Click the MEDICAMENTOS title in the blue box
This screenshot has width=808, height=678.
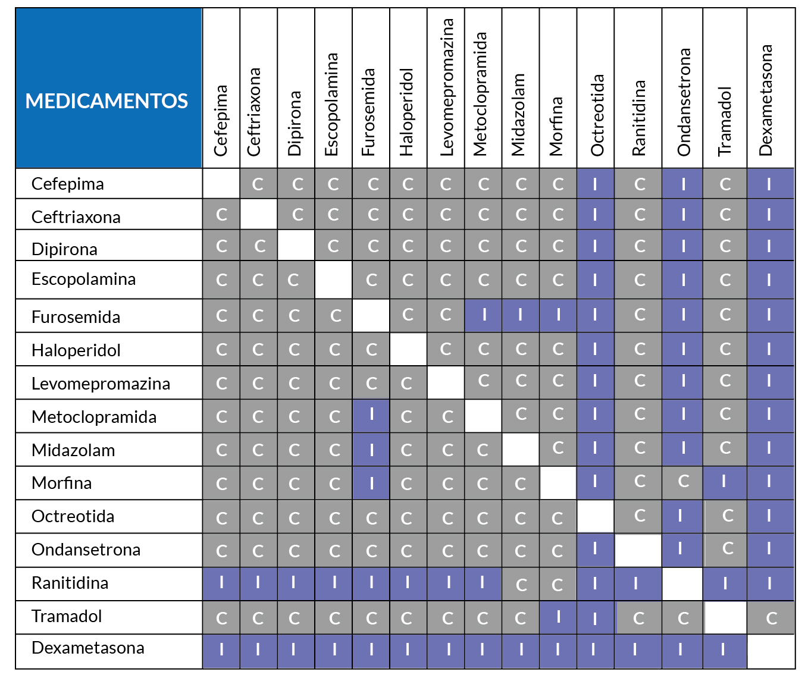pos(107,101)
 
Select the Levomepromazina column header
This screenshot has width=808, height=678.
pos(447,87)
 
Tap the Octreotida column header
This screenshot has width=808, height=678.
pos(597,115)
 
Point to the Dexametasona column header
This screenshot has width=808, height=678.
pos(765,101)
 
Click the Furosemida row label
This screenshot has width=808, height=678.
pos(76,317)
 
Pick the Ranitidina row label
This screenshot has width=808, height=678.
pos(70,583)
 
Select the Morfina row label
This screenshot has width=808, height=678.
pos(61,483)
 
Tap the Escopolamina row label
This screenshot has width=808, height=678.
pos(83,280)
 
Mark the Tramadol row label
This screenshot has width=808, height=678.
pos(67,617)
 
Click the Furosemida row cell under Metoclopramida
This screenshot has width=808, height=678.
pos(483,315)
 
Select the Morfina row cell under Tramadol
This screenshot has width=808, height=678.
pos(725,483)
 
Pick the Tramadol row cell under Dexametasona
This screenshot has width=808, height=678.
pos(771,617)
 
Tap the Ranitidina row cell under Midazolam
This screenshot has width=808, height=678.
pos(521,584)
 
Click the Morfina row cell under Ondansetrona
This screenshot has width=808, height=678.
pos(682,483)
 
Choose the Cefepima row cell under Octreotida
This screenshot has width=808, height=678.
pos(596,184)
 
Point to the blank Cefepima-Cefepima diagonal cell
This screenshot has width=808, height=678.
pos(221,184)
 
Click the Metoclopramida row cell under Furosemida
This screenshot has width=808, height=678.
pos(371,416)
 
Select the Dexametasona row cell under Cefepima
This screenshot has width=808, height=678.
pos(221,651)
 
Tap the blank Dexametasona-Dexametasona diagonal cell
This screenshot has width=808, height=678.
pos(771,651)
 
